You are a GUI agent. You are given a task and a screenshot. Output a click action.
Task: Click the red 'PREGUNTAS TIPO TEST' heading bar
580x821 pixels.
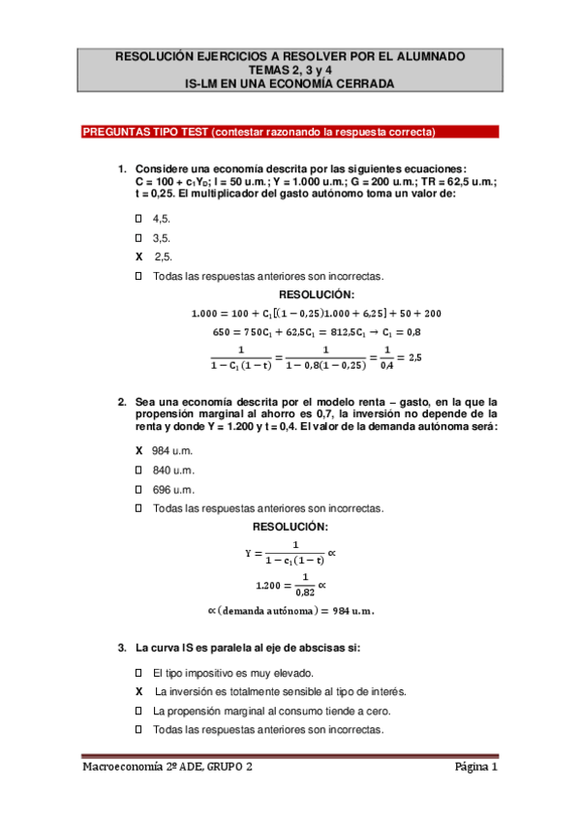[x=259, y=132]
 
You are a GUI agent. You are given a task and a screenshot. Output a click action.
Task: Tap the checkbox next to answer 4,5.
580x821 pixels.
[x=139, y=220]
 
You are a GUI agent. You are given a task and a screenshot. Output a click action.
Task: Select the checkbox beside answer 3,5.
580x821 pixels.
[x=139, y=238]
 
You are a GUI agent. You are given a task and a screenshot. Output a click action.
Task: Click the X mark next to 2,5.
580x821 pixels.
[x=139, y=257]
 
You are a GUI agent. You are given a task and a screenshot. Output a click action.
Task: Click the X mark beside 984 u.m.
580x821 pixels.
[x=139, y=452]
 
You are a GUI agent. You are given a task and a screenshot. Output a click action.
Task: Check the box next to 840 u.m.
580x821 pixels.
[x=139, y=471]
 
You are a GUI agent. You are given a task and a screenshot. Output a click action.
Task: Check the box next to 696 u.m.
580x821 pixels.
[x=139, y=489]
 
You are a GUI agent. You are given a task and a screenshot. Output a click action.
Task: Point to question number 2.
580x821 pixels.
[x=122, y=402]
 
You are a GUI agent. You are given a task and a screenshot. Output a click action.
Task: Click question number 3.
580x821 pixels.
[x=122, y=647]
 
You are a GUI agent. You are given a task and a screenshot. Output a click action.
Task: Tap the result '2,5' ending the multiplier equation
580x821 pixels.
[x=415, y=357]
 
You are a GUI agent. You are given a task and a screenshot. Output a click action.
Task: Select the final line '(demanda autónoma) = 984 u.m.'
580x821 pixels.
[x=290, y=611]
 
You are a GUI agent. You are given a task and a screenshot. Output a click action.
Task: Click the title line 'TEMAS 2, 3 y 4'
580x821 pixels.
[x=290, y=71]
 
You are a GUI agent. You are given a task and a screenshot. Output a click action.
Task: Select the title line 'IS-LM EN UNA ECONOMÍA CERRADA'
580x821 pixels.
[x=290, y=84]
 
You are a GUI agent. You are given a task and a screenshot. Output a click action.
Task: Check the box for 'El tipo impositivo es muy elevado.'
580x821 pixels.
[x=139, y=673]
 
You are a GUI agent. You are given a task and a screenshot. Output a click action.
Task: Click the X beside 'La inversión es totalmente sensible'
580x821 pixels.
[x=139, y=691]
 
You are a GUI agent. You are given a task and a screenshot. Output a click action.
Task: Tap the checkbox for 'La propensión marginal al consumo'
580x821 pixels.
[x=139, y=711]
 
